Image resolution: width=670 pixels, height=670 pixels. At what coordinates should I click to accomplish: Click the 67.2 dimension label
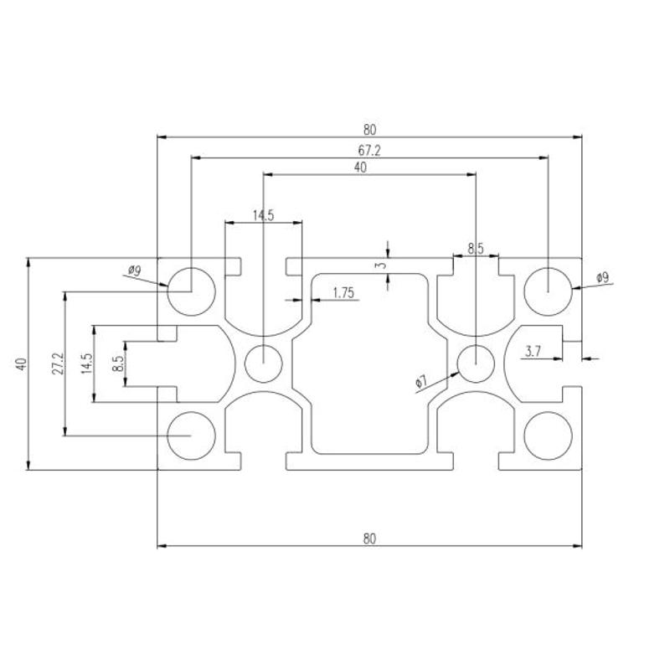[x=369, y=151]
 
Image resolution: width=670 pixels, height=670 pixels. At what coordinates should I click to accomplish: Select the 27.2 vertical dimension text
[x=58, y=363]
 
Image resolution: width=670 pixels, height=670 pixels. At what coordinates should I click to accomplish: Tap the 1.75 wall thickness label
[x=343, y=292]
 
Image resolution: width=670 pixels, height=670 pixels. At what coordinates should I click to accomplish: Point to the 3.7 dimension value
[x=533, y=351]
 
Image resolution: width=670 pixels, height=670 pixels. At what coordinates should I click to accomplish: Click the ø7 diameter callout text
[x=421, y=381]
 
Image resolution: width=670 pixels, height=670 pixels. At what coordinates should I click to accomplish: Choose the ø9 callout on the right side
[x=602, y=278]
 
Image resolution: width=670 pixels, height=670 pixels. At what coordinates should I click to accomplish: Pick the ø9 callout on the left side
[x=134, y=270]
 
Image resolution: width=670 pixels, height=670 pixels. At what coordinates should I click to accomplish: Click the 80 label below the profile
[x=369, y=539]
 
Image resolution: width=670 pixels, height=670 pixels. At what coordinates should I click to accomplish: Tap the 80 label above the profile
[x=369, y=129]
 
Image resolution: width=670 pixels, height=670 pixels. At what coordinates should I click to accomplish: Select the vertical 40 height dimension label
[x=22, y=364]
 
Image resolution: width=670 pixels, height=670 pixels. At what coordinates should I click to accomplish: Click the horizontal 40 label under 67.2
[x=360, y=167]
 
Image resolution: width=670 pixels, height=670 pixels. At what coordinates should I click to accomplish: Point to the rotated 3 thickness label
[x=383, y=265]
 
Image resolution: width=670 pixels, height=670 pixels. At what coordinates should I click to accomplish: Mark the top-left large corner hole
[x=191, y=291]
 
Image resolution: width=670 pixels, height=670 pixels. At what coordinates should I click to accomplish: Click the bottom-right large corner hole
[x=548, y=435]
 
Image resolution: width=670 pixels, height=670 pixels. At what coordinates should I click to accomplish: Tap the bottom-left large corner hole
[x=191, y=435]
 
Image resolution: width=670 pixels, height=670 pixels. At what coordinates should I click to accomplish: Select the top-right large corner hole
[x=548, y=291]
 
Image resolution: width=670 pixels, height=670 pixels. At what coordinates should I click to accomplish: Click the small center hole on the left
[x=263, y=363]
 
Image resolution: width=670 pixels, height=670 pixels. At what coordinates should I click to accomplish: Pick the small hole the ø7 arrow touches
[x=476, y=363]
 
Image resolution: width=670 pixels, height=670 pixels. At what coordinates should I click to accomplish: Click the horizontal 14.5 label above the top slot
[x=263, y=215]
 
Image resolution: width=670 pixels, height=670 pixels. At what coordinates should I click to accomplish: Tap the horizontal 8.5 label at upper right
[x=475, y=248]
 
